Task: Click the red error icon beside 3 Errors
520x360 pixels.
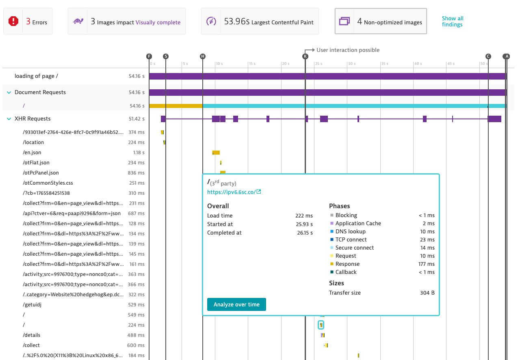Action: click(13, 22)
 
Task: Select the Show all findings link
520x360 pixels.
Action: click(452, 22)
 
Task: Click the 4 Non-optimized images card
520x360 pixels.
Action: click(381, 22)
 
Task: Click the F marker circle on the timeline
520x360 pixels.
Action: click(149, 56)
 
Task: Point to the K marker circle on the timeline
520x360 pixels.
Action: click(305, 56)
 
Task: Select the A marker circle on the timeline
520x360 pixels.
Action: click(506, 56)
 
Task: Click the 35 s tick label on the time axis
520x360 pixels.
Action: click(384, 64)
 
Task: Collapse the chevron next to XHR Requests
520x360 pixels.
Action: click(9, 119)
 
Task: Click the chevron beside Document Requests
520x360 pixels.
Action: click(9, 93)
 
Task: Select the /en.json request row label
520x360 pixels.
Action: click(32, 153)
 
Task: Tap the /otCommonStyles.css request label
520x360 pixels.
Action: click(48, 183)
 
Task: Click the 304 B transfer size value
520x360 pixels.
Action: click(427, 293)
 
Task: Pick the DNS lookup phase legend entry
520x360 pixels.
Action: click(350, 231)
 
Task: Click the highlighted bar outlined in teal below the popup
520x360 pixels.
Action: click(321, 325)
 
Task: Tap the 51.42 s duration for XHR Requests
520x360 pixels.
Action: click(136, 119)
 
